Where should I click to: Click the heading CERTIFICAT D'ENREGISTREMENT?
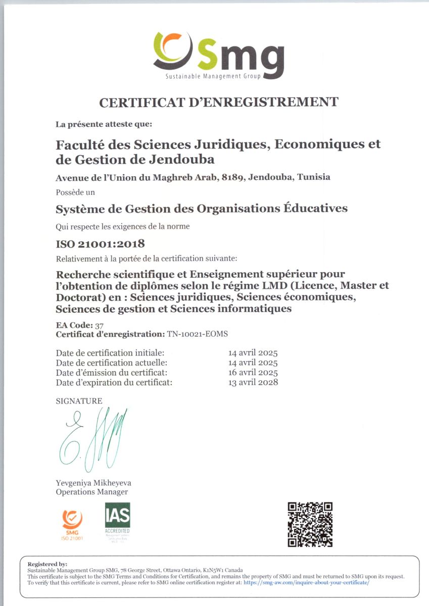point(218,103)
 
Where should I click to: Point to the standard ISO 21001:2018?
point(100,244)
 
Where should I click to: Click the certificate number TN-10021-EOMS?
point(201,334)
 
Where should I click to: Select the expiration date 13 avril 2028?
point(253,382)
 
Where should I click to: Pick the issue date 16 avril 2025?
point(253,373)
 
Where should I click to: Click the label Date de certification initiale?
point(110,353)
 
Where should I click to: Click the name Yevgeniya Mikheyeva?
point(93,483)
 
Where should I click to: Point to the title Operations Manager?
point(91,492)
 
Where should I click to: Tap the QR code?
point(310,524)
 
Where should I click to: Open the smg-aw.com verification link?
point(306,582)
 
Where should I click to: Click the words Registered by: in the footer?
point(47,564)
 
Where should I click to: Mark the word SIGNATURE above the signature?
point(79,401)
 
